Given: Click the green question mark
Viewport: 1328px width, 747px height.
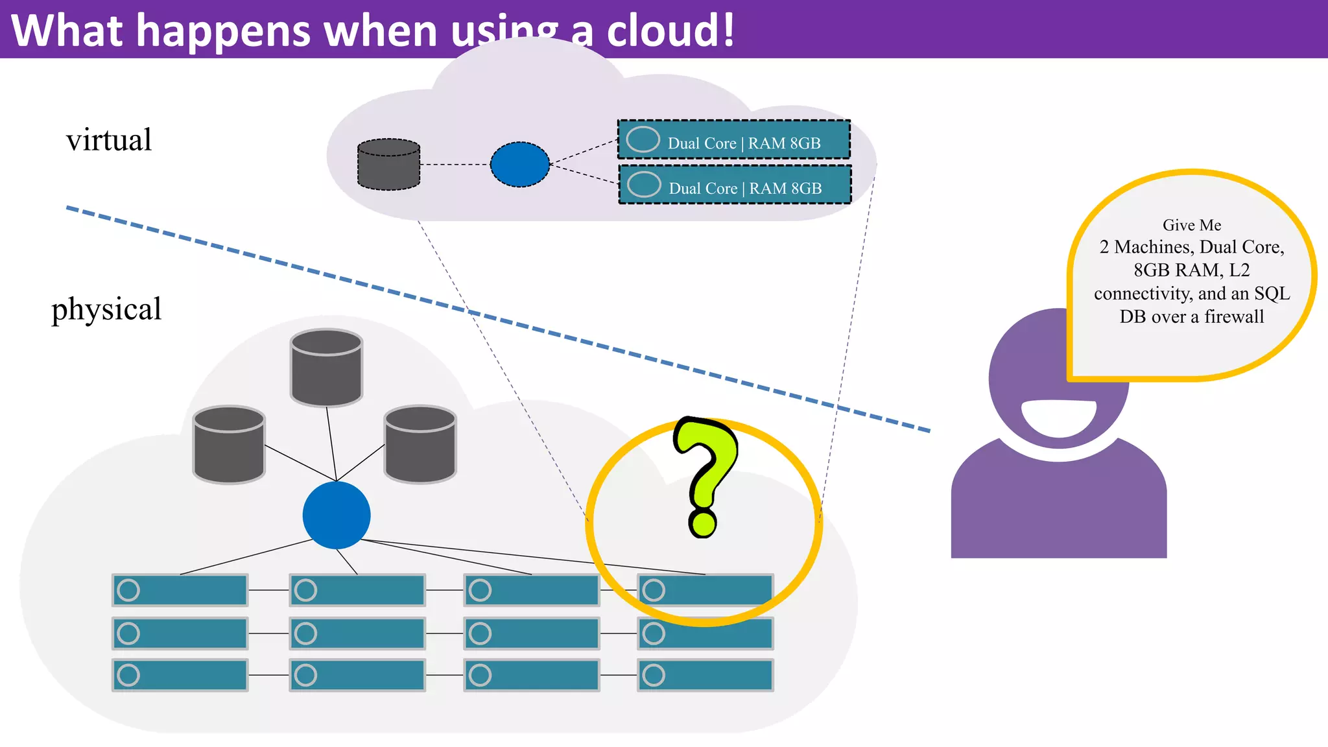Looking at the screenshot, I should [705, 473].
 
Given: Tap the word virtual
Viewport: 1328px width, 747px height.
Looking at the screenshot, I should [109, 140].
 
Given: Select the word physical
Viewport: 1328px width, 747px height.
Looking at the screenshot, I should [106, 309].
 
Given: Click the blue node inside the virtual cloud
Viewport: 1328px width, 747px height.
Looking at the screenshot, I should [519, 165].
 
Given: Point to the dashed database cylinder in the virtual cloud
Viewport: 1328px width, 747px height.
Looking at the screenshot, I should [388, 165].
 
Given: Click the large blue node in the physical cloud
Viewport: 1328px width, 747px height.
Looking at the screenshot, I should [337, 515].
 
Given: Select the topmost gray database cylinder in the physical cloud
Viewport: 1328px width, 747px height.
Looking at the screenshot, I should [326, 368].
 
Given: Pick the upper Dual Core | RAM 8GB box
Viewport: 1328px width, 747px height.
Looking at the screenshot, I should [734, 140].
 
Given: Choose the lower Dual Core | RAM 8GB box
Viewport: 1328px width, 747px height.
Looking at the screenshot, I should [735, 185].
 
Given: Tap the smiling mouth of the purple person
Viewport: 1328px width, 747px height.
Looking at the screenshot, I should [1058, 417].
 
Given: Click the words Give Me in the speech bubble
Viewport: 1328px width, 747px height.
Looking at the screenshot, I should [1192, 225].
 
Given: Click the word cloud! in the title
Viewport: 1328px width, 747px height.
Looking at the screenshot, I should [670, 30].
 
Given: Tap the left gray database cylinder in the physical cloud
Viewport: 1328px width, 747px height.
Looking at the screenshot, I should [229, 445].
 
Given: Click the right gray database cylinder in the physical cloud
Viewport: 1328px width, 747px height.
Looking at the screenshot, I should [420, 445].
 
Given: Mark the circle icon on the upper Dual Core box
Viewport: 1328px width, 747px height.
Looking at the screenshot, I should [643, 139].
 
